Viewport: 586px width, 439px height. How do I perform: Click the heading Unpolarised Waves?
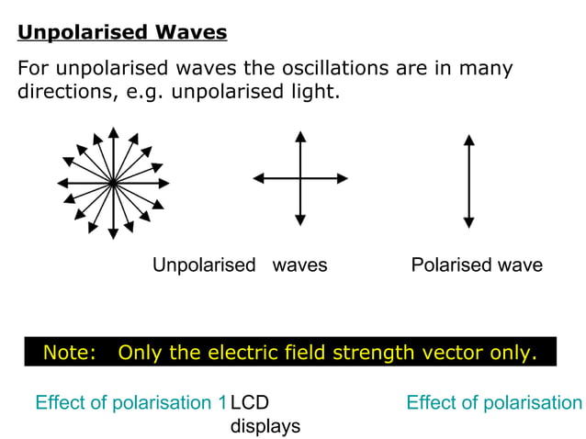[122, 34]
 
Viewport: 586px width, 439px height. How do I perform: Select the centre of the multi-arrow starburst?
[112, 183]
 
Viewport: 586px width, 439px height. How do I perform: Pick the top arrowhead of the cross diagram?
[300, 137]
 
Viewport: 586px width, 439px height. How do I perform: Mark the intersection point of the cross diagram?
[300, 177]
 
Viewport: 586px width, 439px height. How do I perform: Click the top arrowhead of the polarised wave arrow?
[469, 141]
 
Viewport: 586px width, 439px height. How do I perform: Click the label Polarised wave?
[477, 265]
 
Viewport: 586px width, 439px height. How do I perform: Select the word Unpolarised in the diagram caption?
[204, 265]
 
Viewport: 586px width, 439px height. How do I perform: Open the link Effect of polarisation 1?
[130, 403]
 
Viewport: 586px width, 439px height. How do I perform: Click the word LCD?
[250, 403]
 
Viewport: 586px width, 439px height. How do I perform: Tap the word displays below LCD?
[265, 426]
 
